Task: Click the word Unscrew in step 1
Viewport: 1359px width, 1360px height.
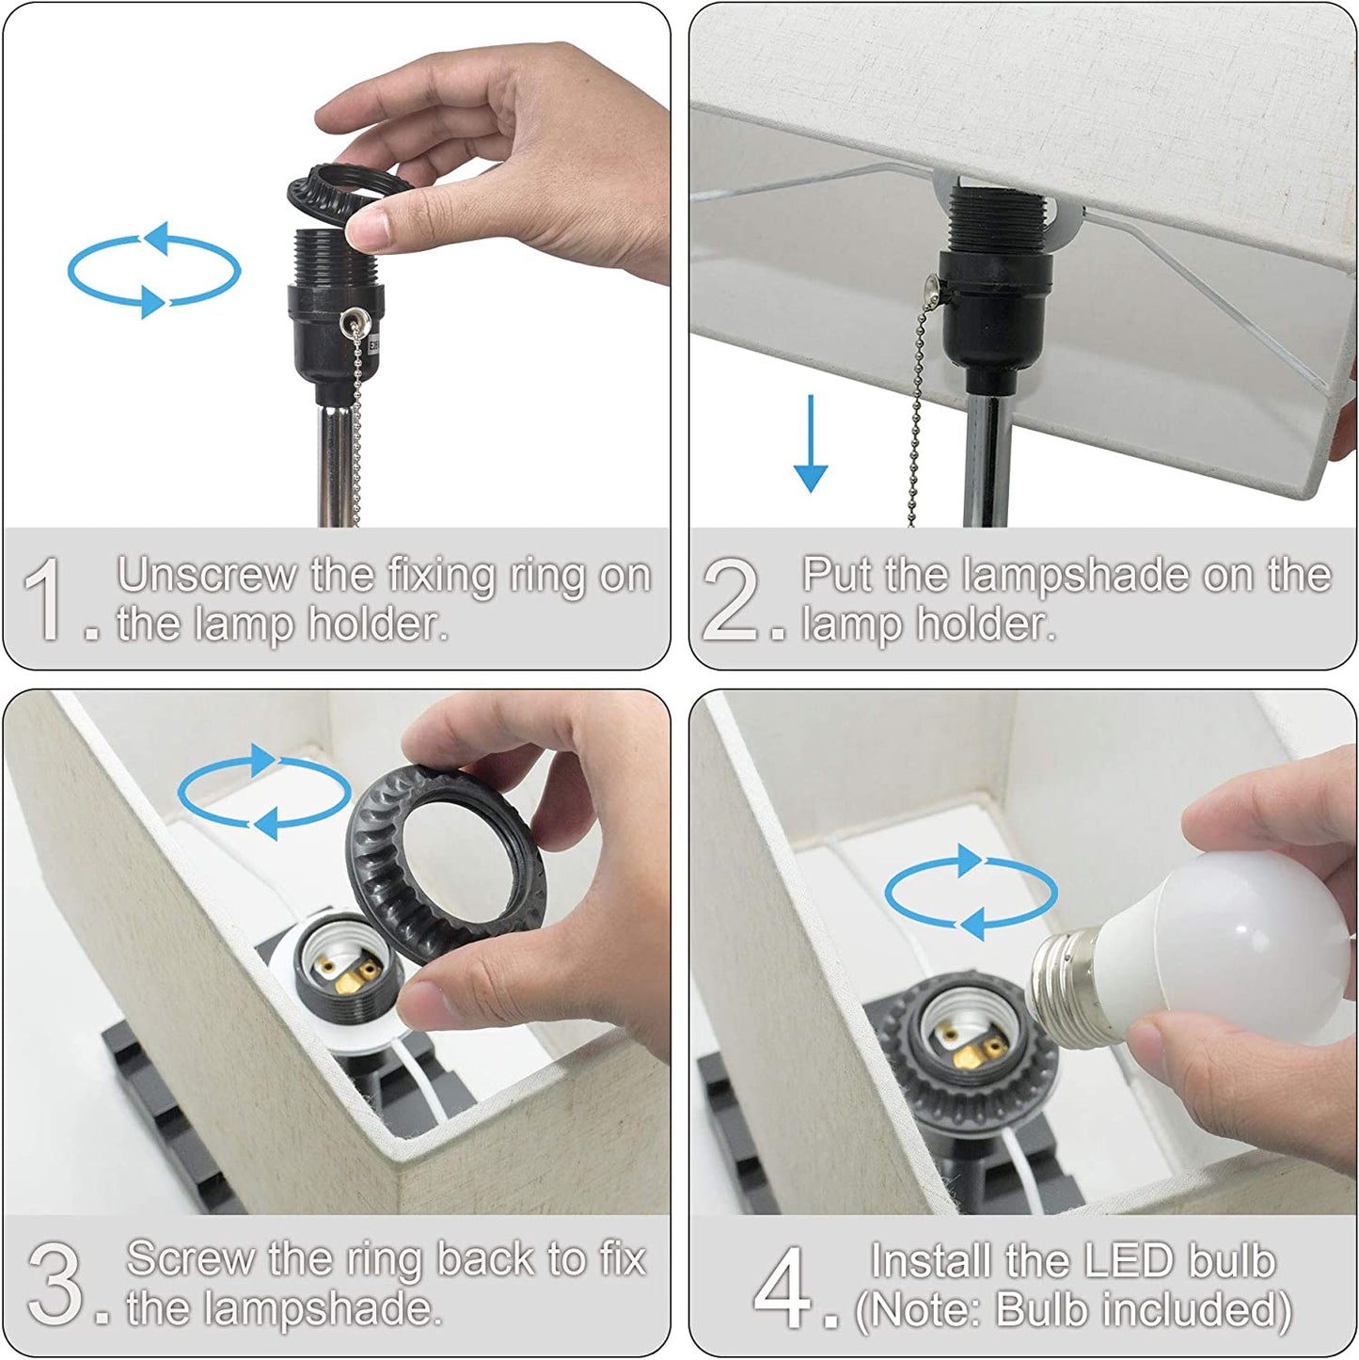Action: [207, 576]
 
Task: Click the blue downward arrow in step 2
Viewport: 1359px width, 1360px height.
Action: [811, 443]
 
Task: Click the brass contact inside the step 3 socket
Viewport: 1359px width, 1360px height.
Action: [351, 977]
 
